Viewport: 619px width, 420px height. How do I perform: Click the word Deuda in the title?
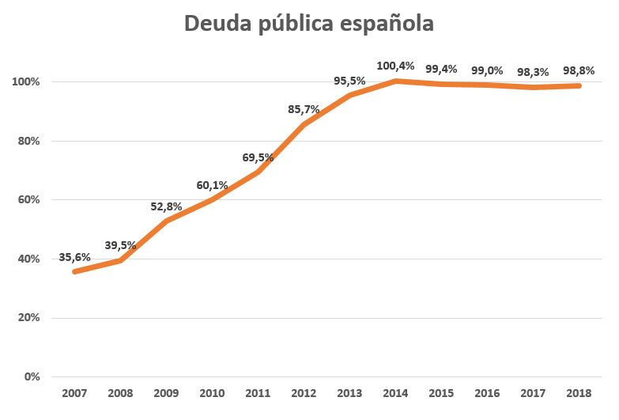(219, 24)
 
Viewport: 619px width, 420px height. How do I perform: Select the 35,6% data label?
(74, 257)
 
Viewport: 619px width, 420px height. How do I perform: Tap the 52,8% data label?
(166, 206)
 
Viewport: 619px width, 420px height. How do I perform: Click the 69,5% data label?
(258, 157)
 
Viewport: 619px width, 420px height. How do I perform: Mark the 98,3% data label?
(533, 72)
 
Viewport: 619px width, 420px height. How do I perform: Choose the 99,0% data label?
(487, 70)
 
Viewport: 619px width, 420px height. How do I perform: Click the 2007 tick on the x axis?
(74, 394)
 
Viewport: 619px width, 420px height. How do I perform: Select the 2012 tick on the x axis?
(304, 394)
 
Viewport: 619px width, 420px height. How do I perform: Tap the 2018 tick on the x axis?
(579, 394)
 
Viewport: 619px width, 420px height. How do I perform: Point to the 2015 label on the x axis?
(442, 394)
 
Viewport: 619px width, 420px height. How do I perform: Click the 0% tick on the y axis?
(32, 376)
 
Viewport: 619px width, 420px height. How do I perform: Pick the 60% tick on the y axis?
(29, 199)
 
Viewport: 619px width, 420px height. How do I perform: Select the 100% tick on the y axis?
(26, 81)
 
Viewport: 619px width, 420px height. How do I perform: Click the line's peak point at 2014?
(396, 81)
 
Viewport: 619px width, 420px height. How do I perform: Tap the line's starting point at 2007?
(74, 271)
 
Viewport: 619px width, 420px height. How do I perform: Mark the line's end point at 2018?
(579, 85)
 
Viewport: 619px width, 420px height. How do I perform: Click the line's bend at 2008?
(120, 260)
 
